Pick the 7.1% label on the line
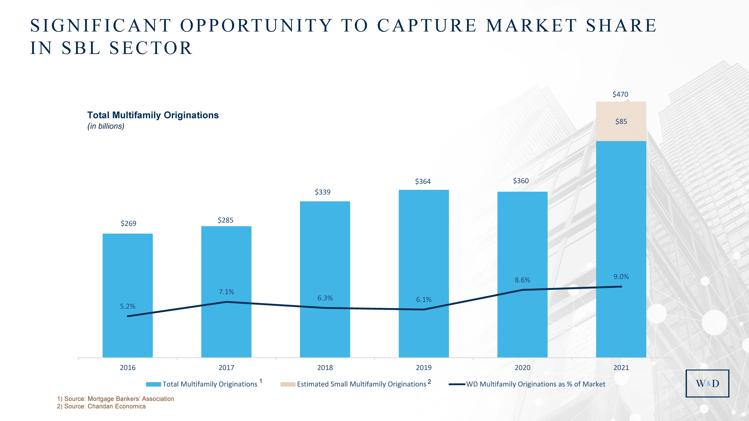pyautogui.click(x=226, y=292)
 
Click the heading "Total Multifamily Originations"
pyautogui.click(x=153, y=115)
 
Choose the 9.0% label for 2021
pyautogui.click(x=621, y=277)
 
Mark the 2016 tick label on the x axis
pyautogui.click(x=128, y=368)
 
